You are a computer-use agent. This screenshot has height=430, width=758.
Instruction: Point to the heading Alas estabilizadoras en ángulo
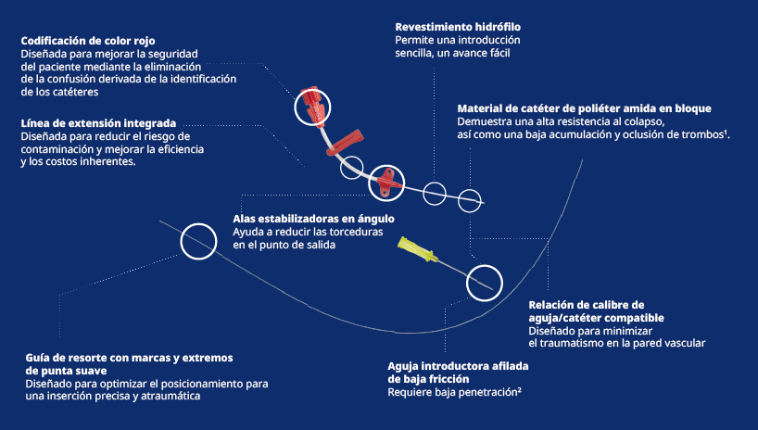(x=313, y=219)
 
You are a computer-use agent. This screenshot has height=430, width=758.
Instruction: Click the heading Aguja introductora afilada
(x=458, y=366)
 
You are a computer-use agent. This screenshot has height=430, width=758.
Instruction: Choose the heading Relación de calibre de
(x=586, y=304)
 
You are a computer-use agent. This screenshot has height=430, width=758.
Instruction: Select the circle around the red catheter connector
(x=312, y=107)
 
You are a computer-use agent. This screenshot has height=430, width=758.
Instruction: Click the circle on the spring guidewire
(x=196, y=241)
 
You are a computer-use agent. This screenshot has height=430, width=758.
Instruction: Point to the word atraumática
(x=171, y=396)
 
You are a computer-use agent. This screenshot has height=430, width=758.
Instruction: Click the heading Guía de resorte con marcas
(x=127, y=357)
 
